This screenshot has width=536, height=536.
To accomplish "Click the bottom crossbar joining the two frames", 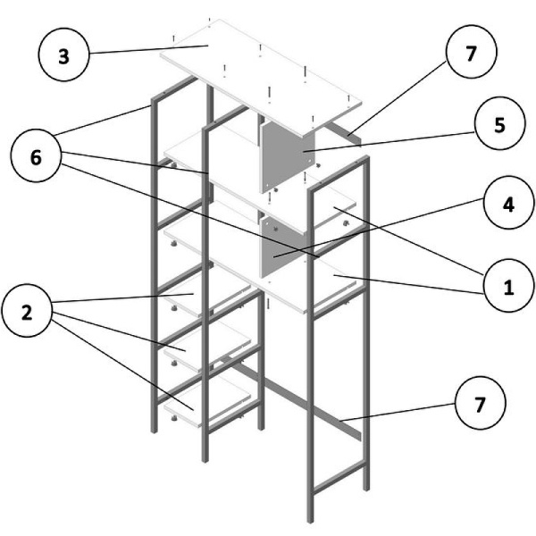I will point(295,398).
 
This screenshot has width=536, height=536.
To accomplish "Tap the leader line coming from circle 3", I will point(143,50).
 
